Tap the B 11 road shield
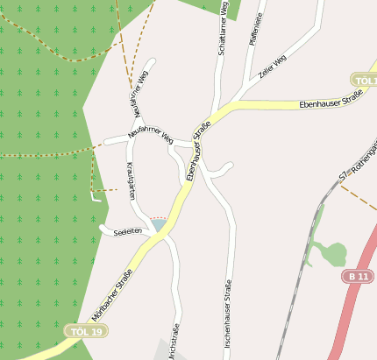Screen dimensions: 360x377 357,277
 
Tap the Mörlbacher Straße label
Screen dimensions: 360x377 111,296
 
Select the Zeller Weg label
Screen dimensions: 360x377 273,67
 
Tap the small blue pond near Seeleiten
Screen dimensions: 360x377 158,226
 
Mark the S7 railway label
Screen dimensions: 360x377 344,176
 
